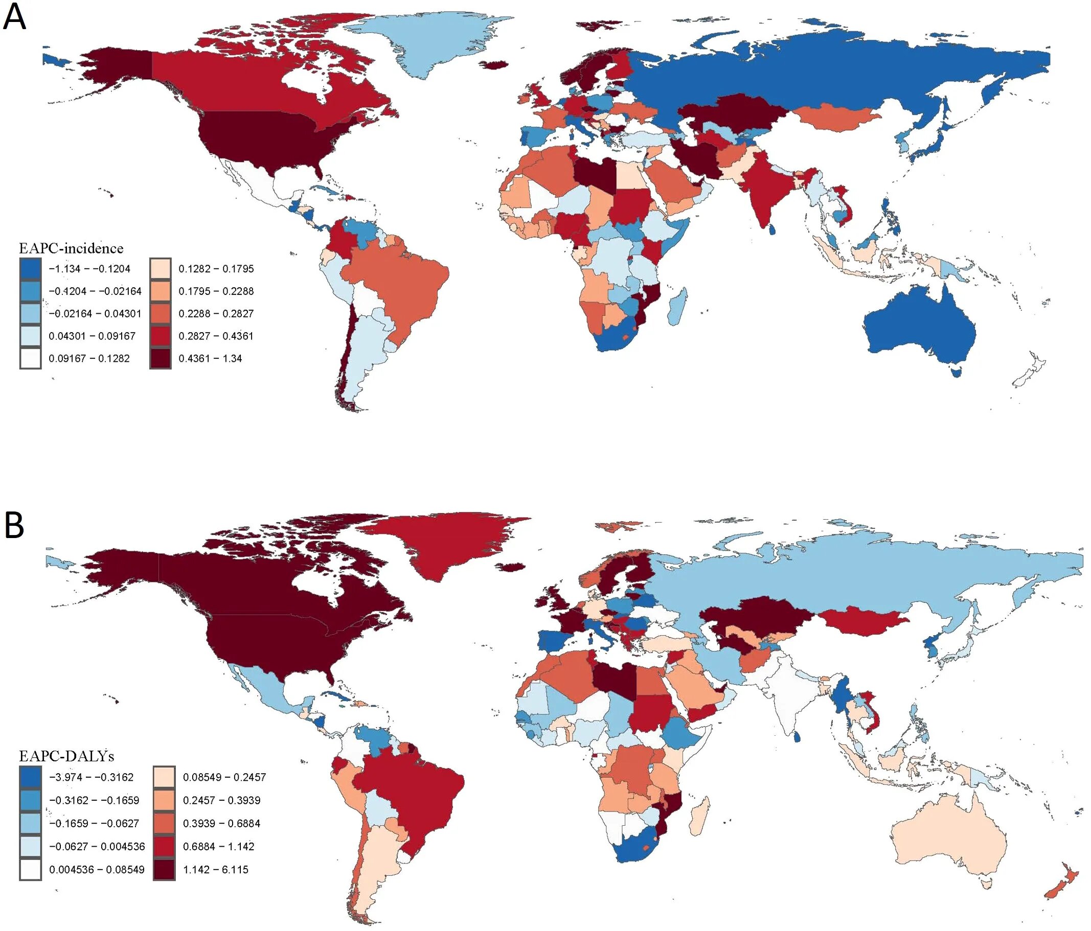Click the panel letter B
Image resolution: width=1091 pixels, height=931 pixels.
[14, 526]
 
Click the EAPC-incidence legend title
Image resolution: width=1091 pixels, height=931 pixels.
[71, 248]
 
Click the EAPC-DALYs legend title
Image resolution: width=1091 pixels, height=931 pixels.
[66, 756]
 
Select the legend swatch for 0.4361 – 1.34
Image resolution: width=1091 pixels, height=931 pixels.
[160, 358]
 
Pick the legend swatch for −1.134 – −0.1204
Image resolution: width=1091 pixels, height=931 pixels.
[30, 268]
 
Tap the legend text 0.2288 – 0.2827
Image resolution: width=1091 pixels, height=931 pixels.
[216, 314]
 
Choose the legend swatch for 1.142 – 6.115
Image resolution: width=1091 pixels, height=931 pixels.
[164, 869]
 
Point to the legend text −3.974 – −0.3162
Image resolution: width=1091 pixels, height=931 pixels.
[91, 777]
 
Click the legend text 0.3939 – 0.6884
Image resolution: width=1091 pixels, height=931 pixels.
[221, 823]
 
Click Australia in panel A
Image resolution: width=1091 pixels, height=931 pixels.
[919, 329]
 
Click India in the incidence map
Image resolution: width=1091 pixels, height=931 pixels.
[763, 192]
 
